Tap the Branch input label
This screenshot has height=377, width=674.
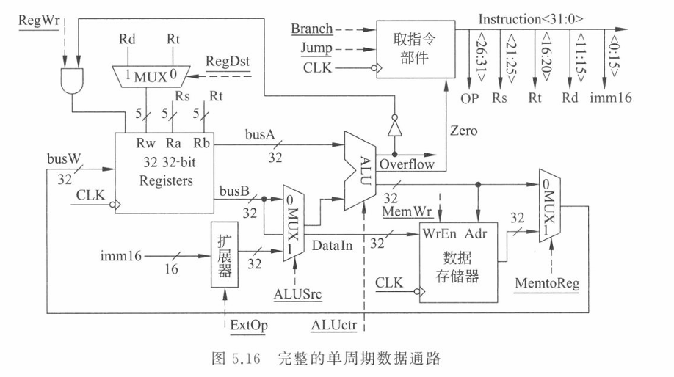click(x=311, y=29)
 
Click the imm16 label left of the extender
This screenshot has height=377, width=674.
click(x=120, y=256)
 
